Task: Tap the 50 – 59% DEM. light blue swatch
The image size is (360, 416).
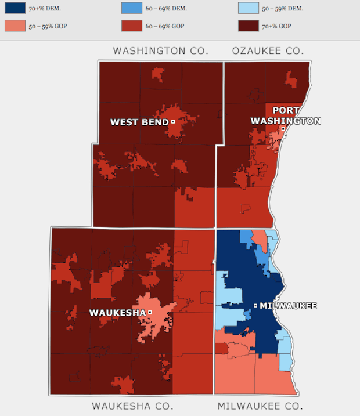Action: point(250,8)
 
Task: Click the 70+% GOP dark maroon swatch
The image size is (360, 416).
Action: point(250,26)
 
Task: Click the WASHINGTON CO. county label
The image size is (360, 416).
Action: point(161,51)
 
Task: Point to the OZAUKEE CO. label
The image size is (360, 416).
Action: point(267,51)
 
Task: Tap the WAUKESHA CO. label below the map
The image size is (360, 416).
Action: point(132,406)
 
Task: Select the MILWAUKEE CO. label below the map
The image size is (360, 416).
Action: point(260,406)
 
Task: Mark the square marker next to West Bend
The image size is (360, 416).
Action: point(173,121)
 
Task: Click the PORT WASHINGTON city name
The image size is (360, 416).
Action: point(285,115)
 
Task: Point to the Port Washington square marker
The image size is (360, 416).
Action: point(283,129)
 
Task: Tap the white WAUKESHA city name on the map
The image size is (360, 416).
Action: point(116,313)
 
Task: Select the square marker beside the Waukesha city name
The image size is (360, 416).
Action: point(150,312)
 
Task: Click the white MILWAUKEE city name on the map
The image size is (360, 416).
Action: point(288,306)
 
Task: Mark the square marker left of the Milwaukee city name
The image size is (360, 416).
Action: point(255,305)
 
